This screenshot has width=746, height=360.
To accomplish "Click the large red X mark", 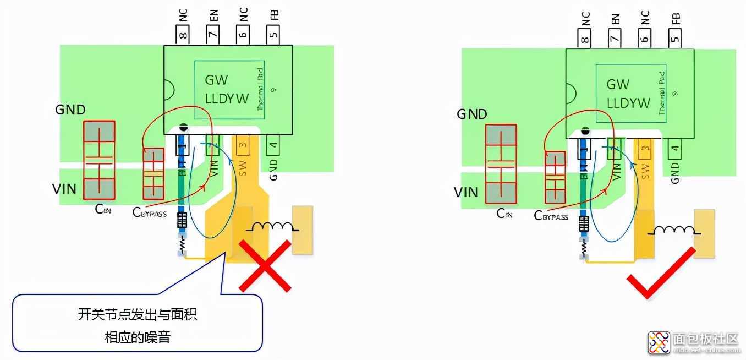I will (265, 266).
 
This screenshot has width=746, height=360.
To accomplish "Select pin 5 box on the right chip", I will (675, 38).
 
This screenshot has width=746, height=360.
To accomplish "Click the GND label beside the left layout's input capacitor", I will (70, 110).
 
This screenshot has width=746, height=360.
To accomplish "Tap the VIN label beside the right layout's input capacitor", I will (465, 192).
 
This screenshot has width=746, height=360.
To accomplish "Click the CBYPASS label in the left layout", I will (150, 212).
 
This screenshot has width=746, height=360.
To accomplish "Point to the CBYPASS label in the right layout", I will (551, 216).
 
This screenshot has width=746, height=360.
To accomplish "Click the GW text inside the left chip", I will (216, 80).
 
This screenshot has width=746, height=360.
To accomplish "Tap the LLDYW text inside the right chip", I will (628, 103).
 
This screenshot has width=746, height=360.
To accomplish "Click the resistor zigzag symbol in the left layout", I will (182, 244).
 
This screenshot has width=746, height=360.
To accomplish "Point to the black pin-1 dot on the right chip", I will (585, 131).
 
